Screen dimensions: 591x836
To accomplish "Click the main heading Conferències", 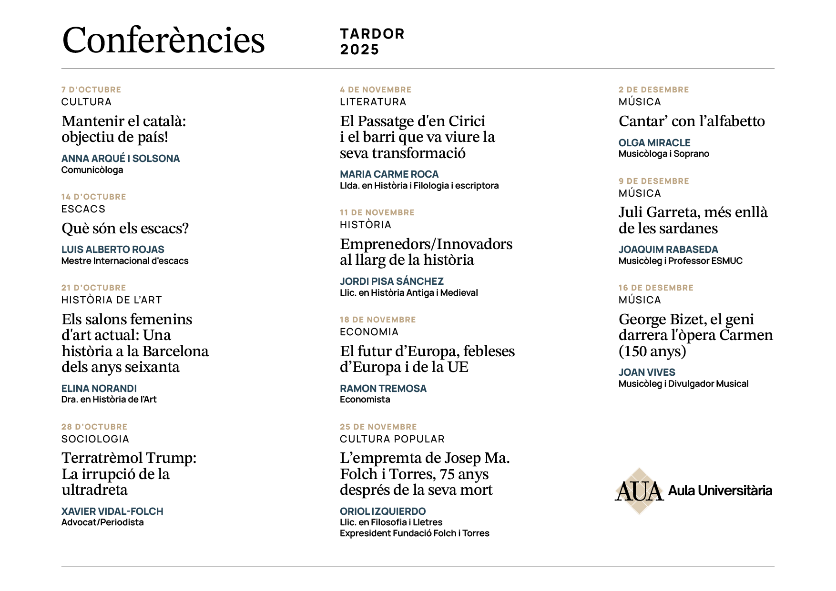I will tap(163, 40).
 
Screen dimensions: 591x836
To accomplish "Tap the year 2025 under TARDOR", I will tap(359, 50).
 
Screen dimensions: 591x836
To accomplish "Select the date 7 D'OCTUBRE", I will tap(91, 90).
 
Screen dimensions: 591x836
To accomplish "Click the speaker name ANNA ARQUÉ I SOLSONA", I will tap(121, 159).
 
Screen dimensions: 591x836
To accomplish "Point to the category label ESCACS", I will tap(83, 209).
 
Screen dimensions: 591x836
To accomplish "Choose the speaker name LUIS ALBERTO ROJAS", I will tap(113, 250).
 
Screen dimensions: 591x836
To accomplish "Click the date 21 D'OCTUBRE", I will tap(93, 288).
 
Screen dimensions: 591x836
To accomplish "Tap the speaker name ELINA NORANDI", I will tap(99, 389).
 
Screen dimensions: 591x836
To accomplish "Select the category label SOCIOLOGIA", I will tap(95, 439).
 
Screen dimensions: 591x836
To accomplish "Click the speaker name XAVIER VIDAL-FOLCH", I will tap(112, 511).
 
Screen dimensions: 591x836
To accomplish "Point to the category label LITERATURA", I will tap(373, 102).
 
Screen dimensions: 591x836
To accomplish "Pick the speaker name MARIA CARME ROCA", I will tap(389, 174).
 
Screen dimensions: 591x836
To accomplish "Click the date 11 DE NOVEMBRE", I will tap(377, 212).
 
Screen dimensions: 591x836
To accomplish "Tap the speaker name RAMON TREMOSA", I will tap(383, 389).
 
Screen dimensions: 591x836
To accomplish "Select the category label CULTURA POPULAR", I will tap(392, 439).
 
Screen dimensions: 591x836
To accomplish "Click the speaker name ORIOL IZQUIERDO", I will tap(383, 511).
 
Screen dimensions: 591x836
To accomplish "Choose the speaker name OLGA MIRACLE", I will tap(654, 143).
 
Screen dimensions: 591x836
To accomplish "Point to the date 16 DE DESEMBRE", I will tap(656, 288).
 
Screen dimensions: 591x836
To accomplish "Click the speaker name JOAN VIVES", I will tap(647, 372).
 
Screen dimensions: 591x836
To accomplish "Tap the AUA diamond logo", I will tap(639, 491).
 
